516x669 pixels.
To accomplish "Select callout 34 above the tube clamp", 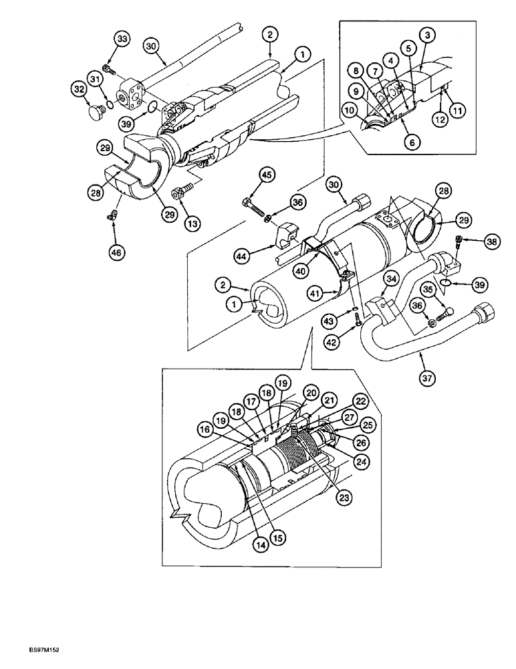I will pos(392,278).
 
